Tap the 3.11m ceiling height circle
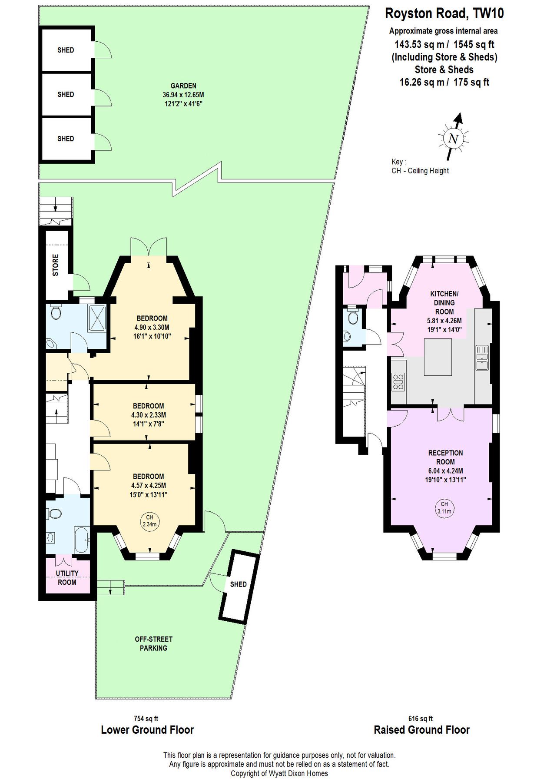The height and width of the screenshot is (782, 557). click(444, 507)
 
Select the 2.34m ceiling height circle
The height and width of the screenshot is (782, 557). click(149, 520)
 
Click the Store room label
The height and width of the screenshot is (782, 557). click(56, 265)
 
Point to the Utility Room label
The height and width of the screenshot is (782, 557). click(67, 578)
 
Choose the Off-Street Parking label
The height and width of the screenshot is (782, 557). click(153, 643)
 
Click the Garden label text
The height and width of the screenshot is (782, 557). click(183, 86)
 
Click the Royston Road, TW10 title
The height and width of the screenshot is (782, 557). click(444, 14)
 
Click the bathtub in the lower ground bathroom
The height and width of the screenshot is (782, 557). click(82, 540)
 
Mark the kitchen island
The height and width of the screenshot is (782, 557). click(438, 357)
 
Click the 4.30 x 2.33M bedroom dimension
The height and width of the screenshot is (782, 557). click(149, 415)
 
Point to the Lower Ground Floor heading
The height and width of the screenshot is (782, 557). click(147, 729)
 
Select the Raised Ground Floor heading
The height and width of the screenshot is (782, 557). click(421, 729)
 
